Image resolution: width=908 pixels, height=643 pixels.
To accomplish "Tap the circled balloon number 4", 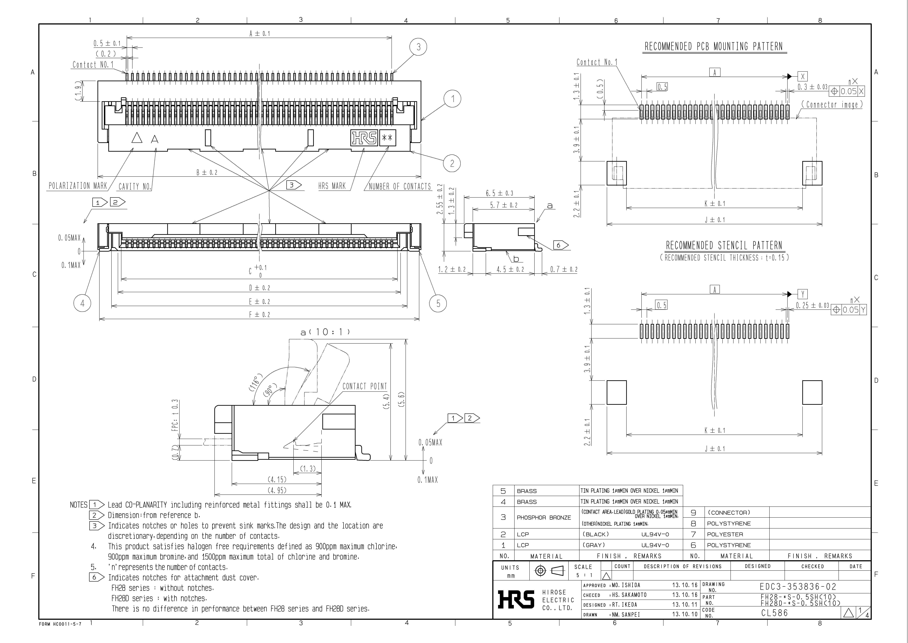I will point(82,304).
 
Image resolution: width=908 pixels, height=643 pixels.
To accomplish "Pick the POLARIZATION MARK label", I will point(78,186).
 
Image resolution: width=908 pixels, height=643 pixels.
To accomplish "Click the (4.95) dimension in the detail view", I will point(277,490).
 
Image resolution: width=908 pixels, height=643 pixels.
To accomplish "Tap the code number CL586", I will point(774,613).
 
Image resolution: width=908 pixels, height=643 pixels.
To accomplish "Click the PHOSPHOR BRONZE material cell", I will point(543,517).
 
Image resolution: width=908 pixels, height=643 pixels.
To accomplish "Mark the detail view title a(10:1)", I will point(325,332).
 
